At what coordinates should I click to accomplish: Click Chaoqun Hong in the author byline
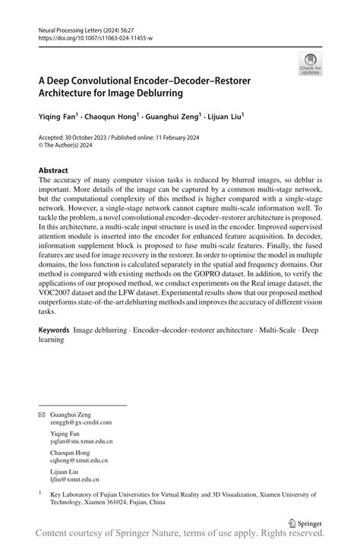[112, 117]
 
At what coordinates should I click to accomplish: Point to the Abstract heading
[53, 171]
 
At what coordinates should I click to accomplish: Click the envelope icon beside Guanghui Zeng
[41, 415]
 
